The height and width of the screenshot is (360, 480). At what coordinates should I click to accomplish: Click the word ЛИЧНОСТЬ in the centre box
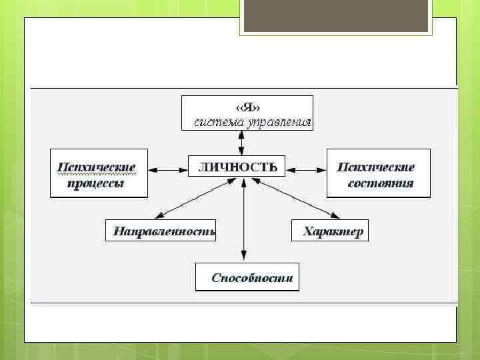(237, 167)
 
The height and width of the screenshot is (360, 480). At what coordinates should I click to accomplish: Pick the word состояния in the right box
(380, 183)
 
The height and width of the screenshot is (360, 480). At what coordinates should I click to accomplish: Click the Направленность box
(161, 231)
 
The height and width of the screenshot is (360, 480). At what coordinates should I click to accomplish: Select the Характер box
(330, 231)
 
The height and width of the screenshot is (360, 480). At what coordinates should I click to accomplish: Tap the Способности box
(247, 277)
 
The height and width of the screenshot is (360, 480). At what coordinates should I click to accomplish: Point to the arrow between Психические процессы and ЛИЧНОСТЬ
(167, 170)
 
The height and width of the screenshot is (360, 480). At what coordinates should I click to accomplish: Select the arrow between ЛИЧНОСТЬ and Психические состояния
(306, 170)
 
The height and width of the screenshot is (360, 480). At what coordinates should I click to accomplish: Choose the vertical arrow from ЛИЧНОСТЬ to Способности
(244, 220)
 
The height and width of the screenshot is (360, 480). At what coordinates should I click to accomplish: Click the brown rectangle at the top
(336, 16)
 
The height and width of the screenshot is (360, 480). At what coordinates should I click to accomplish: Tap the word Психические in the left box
(97, 166)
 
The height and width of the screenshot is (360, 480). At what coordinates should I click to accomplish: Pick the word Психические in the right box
(376, 166)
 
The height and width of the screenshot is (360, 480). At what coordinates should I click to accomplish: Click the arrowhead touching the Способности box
(244, 255)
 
